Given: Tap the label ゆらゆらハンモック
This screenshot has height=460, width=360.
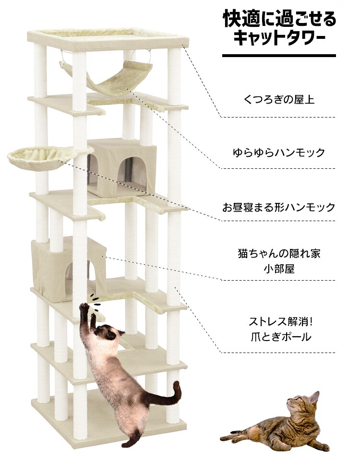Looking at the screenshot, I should pyautogui.click(x=278, y=153).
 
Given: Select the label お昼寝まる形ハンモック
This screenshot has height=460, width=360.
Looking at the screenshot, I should pyautogui.click(x=278, y=207).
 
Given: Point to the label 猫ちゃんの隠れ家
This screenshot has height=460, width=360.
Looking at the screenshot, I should pyautogui.click(x=278, y=252).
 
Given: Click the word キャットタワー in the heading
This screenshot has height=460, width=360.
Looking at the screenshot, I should pyautogui.click(x=279, y=38).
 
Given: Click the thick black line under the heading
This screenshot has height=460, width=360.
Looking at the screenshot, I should pyautogui.click(x=279, y=56).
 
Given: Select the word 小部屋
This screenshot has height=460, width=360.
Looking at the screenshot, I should pyautogui.click(x=279, y=268).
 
